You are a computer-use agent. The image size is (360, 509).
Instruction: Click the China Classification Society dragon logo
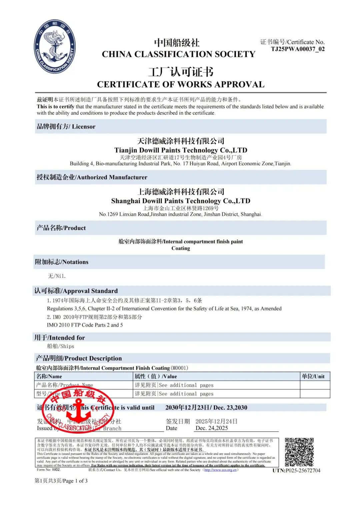[x=55, y=46]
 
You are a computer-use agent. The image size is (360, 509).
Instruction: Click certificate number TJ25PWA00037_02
[x=298, y=49]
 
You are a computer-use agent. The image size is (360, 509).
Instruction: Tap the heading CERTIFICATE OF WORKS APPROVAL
[x=181, y=85]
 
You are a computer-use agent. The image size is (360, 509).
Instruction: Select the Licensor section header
[x=66, y=127]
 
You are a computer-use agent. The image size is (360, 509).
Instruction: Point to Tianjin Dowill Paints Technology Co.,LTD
[x=181, y=150]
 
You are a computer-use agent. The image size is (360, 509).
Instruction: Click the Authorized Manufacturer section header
[x=92, y=177]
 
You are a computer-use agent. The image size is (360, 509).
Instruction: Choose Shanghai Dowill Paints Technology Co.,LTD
[x=181, y=201]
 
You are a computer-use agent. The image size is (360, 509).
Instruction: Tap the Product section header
[x=61, y=228]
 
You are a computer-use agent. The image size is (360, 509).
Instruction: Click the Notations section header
[x=62, y=262]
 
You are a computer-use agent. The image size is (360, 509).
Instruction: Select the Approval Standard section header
[x=76, y=291]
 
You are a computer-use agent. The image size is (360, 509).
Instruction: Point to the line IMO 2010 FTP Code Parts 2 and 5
[x=85, y=325]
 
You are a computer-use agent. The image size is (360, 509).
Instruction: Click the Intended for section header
[x=60, y=337]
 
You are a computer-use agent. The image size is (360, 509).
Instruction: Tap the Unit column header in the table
[x=313, y=376]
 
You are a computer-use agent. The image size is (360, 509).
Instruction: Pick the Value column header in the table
[x=156, y=376]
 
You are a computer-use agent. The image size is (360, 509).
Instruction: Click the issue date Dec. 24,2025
[x=212, y=428]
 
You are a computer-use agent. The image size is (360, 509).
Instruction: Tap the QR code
[x=299, y=452]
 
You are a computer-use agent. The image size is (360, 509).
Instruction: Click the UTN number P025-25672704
[x=296, y=470]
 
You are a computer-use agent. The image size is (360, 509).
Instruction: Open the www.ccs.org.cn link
[x=220, y=470]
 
